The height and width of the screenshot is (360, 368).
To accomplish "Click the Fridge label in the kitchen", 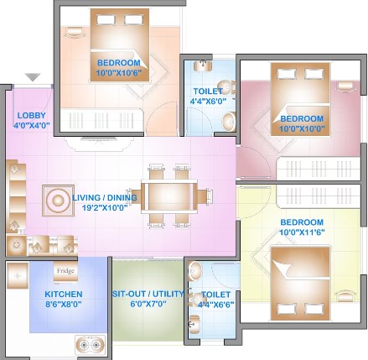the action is (x=65, y=271).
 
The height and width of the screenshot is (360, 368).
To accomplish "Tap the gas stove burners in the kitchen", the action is (x=90, y=345).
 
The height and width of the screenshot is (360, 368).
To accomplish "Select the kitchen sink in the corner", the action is (x=18, y=275).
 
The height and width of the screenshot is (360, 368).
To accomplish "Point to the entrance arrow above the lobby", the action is (x=33, y=77).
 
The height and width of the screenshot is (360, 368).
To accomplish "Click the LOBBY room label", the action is (x=31, y=115).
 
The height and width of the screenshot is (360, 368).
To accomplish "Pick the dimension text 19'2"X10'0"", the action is (x=105, y=207).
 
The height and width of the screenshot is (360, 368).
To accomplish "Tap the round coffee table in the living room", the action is (x=58, y=201).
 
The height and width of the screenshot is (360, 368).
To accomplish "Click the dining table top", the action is (x=169, y=196).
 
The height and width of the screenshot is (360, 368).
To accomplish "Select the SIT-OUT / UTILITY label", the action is (x=148, y=294).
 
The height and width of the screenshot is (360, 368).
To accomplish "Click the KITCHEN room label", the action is (x=64, y=295).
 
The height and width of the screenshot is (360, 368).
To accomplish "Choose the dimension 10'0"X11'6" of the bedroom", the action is (x=302, y=232).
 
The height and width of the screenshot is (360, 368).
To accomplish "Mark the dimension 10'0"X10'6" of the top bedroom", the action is (x=119, y=73).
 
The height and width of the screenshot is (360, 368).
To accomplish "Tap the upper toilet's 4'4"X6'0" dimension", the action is (x=208, y=101).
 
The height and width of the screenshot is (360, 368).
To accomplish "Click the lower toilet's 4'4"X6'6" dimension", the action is (x=215, y=305).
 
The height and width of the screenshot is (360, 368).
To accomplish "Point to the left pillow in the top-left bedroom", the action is (x=106, y=20).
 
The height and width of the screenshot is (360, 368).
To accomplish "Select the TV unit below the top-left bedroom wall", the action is (x=98, y=143).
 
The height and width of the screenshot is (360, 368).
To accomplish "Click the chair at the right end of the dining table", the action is (x=205, y=196).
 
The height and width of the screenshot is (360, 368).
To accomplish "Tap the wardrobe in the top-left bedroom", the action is (x=102, y=120).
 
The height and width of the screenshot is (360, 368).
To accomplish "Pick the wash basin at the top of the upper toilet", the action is (x=203, y=65).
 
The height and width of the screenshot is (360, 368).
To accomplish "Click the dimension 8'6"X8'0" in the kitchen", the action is (x=64, y=304).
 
